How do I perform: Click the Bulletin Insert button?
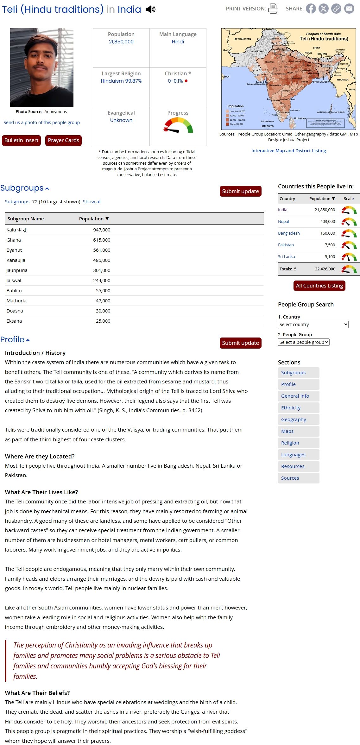tap(21, 140)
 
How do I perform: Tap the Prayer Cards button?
tap(63, 140)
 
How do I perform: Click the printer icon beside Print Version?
tap(273, 9)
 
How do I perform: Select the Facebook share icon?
tap(311, 9)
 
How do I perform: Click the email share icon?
tap(349, 9)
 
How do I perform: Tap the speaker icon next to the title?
tap(150, 9)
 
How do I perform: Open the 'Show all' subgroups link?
tap(92, 202)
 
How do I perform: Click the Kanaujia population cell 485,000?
tap(102, 260)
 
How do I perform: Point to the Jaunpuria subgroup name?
tap(17, 270)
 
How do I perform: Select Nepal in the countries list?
tap(283, 222)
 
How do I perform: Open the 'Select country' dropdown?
tap(313, 325)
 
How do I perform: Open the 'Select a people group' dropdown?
tap(304, 342)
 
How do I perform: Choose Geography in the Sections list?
tap(294, 420)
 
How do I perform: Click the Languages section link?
tap(293, 455)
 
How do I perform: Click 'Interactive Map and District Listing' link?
tap(288, 151)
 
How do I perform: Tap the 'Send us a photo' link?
tap(41, 123)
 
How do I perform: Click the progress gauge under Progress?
tap(178, 125)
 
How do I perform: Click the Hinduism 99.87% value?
tap(121, 81)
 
